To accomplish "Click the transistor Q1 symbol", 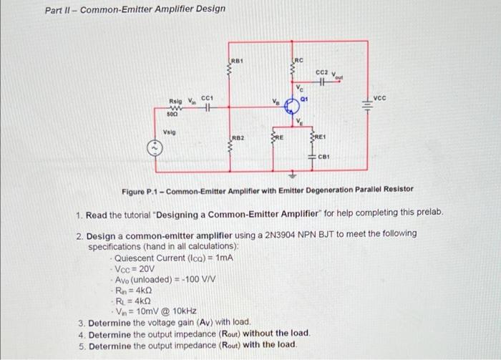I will pyautogui.click(x=291, y=107).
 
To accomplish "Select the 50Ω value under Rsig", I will pyautogui.click(x=172, y=115).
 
